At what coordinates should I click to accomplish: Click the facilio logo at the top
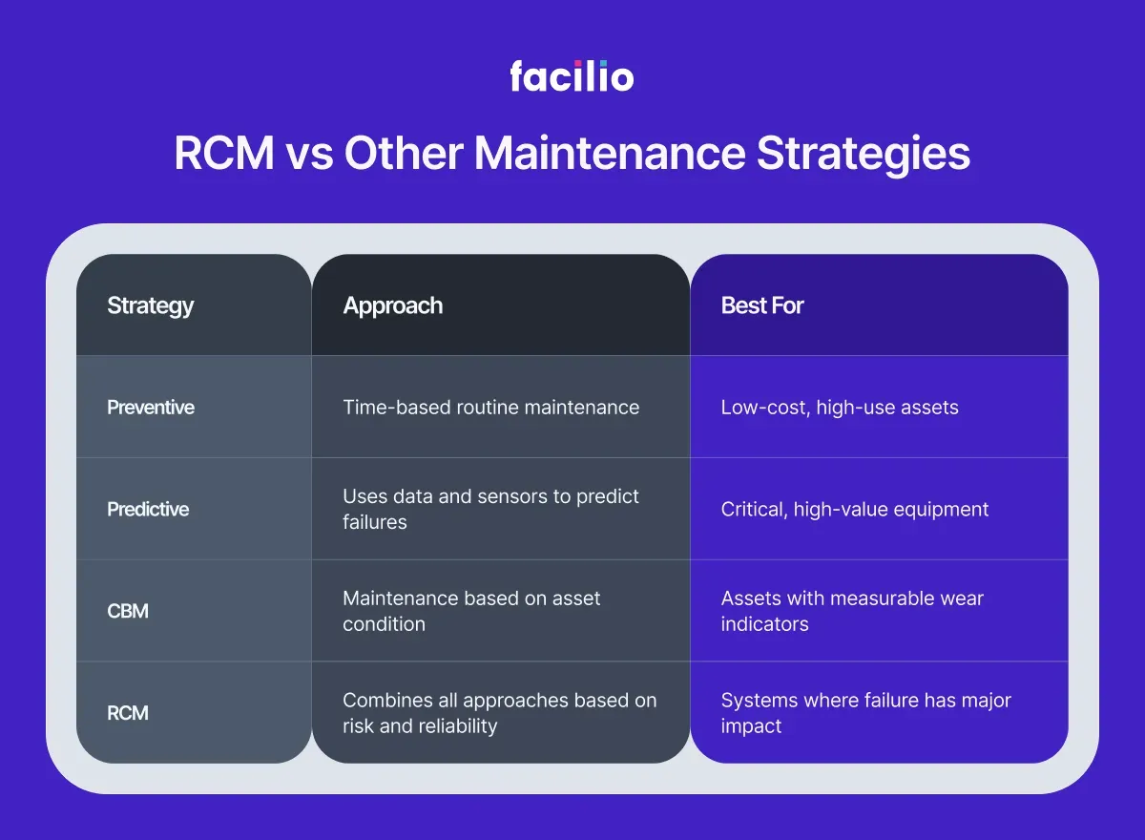pyautogui.click(x=572, y=75)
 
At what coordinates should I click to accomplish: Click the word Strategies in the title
pyautogui.click(x=864, y=155)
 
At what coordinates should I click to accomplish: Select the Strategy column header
pyautogui.click(x=151, y=305)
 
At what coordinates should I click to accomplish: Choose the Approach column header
pyautogui.click(x=393, y=305)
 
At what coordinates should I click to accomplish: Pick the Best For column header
pyautogui.click(x=762, y=305)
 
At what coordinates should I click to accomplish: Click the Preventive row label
pyautogui.click(x=151, y=408)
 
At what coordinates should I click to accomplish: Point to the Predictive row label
pyautogui.click(x=148, y=509)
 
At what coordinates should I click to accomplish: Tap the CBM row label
pyautogui.click(x=128, y=611)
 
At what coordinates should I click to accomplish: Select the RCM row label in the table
pyautogui.click(x=128, y=713)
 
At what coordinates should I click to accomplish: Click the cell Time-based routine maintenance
pyautogui.click(x=490, y=408)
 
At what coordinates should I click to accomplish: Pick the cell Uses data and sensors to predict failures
pyautogui.click(x=490, y=509)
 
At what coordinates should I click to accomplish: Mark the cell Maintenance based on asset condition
pyautogui.click(x=471, y=611)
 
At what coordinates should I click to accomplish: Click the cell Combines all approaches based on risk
pyautogui.click(x=499, y=713)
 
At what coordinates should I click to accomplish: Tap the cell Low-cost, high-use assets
pyautogui.click(x=840, y=408)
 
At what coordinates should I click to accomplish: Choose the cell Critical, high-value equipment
pyautogui.click(x=855, y=509)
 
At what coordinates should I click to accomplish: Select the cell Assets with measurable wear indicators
pyautogui.click(x=852, y=611)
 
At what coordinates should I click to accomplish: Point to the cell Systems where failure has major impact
pyautogui.click(x=865, y=713)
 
